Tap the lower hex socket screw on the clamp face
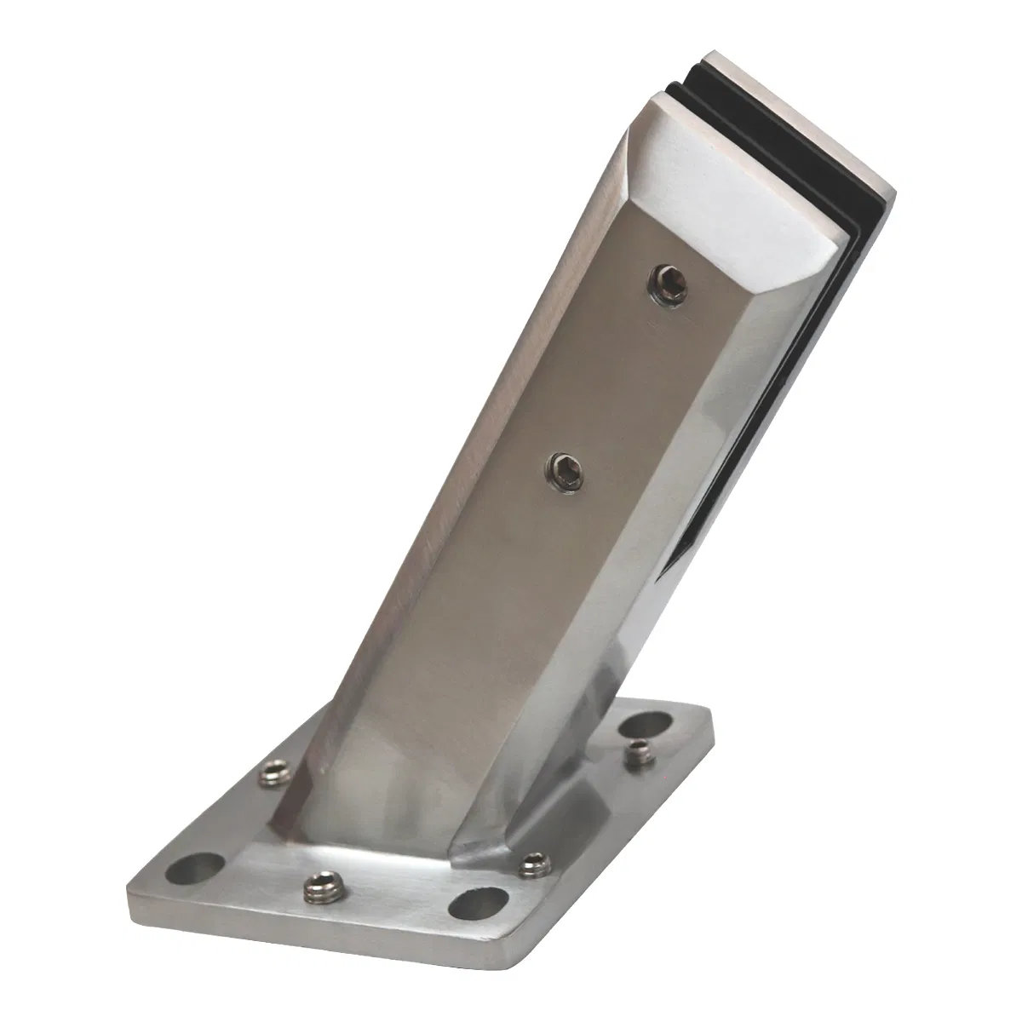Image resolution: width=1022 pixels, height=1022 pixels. (561, 467)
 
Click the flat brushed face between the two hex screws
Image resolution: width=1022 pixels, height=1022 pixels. (605, 375)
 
